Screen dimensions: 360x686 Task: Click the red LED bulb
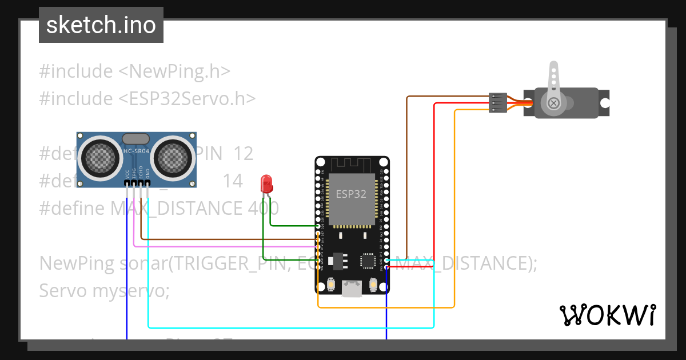coord(266,183)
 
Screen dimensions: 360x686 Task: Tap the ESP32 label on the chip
coord(351,194)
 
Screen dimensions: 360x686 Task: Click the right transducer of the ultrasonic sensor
coord(174,155)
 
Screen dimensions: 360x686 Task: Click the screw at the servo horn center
coord(553,103)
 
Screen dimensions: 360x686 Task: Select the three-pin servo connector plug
coord(498,103)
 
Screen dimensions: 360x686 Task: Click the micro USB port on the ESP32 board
coord(352,289)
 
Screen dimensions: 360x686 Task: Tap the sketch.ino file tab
coord(101,25)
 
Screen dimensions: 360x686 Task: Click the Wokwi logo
coord(607,315)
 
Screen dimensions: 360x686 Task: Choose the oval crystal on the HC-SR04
coord(136,138)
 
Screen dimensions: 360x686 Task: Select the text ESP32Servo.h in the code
coord(187,98)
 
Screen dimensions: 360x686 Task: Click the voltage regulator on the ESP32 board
coord(337,261)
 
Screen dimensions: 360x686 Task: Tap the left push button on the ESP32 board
coord(332,284)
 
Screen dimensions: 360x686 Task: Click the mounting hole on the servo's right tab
coord(604,103)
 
